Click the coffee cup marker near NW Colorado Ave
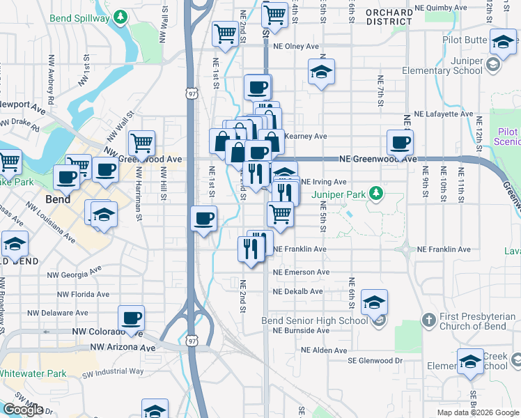click(x=131, y=318)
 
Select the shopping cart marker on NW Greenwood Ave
click(x=142, y=144)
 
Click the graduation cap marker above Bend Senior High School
click(x=374, y=302)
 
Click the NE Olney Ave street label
click(x=296, y=47)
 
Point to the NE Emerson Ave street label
click(x=301, y=272)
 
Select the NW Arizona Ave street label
click(x=123, y=347)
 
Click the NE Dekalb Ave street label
click(x=298, y=291)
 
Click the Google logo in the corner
click(x=22, y=410)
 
